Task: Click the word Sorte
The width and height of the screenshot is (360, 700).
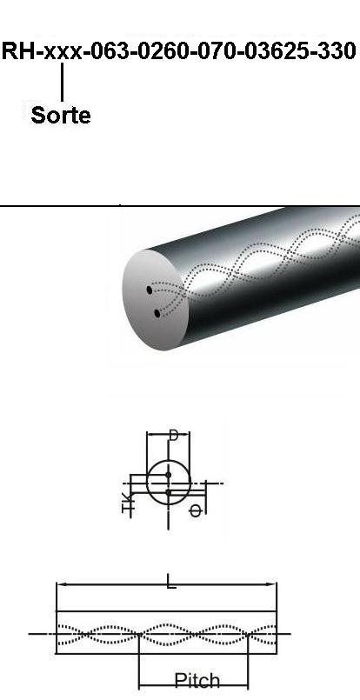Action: point(61,115)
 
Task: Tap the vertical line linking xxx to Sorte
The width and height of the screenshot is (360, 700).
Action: point(62,82)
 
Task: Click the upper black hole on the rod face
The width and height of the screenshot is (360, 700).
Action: point(150,290)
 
